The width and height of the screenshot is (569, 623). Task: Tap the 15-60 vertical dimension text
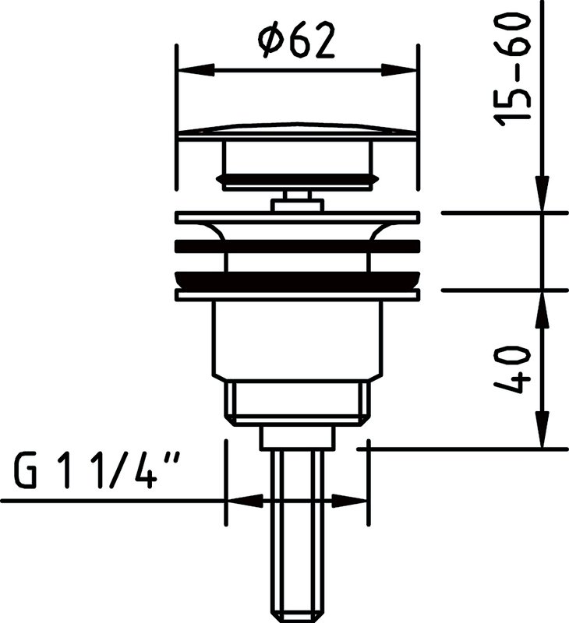512,69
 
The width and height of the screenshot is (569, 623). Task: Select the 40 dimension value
512,369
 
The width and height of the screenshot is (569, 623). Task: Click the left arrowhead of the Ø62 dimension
196,70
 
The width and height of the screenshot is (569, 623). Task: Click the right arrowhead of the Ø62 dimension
399,70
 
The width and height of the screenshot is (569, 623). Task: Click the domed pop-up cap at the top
298,131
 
